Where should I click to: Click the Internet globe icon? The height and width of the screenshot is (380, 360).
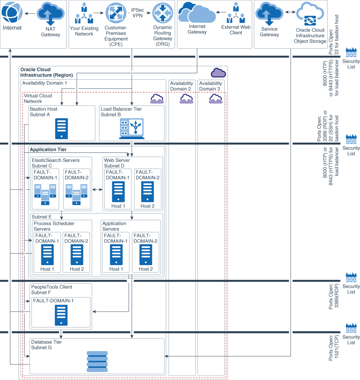tap(12, 13)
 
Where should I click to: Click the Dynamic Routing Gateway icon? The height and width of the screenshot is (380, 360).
tap(162, 13)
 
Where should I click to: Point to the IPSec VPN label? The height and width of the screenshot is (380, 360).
tap(138, 13)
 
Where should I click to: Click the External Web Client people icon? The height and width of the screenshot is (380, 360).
tap(236, 13)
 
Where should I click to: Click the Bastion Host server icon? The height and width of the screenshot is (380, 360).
tap(61, 129)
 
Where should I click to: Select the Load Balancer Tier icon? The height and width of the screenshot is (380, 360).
tap(132, 129)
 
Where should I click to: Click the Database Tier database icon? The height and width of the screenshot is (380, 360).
tap(97, 362)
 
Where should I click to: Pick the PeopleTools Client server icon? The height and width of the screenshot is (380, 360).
tap(61, 315)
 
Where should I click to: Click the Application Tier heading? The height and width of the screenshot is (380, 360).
tap(48, 150)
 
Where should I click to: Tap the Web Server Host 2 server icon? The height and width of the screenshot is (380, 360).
tap(148, 192)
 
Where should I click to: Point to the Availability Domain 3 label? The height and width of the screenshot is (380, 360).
tap(210, 86)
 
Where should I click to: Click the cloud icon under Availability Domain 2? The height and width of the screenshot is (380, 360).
tap(186, 99)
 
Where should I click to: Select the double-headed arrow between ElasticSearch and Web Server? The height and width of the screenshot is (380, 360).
tap(97, 190)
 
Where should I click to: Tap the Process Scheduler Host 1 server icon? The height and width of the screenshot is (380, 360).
tap(47, 255)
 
